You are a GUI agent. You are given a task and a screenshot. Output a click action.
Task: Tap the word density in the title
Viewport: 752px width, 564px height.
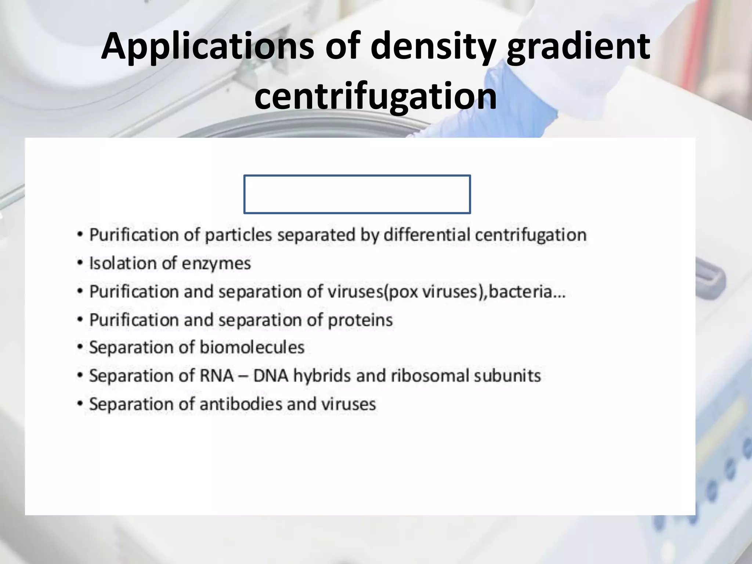[x=433, y=47]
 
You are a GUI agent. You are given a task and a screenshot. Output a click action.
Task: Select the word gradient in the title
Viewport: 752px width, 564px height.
[x=578, y=47]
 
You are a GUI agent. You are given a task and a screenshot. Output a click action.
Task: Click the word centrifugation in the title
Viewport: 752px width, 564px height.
[x=376, y=96]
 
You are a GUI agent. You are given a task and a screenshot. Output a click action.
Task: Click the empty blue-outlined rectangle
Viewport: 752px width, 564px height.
[x=357, y=194]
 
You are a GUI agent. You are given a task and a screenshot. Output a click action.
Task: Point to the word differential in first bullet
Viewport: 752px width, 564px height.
[x=427, y=235]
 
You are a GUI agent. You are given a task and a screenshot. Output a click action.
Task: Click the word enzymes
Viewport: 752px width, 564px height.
[x=216, y=264]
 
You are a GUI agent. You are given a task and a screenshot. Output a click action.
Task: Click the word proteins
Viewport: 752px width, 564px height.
[x=360, y=320]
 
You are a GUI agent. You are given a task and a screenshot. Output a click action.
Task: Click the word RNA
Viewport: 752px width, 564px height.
[x=217, y=376]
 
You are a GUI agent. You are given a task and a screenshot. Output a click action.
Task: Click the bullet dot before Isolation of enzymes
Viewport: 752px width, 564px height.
[x=80, y=264]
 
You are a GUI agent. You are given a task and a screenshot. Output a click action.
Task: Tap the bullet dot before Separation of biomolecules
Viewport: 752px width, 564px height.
[x=80, y=348]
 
